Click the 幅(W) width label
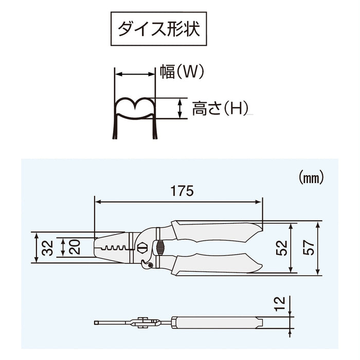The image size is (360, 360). coord(182,73)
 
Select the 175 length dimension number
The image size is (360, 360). coord(182,191)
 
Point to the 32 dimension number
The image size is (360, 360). coord(46,248)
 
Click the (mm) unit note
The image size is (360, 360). coord(311,178)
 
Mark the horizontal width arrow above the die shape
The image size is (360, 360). coord(134,74)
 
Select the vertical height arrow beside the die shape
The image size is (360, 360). coord(179,109)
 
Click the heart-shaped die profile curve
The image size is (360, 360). coord(134,106)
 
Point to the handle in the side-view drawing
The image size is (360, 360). coord(216,322)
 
